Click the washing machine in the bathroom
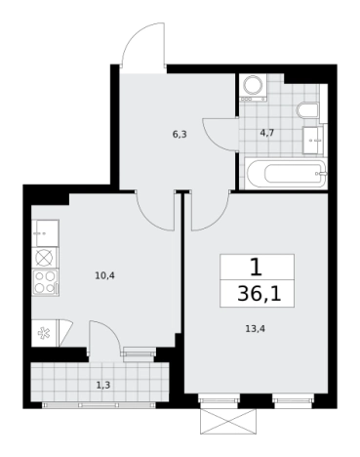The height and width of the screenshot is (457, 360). tap(254, 87)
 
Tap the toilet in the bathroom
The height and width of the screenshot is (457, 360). tap(307, 110)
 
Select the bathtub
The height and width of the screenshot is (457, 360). tap(285, 173)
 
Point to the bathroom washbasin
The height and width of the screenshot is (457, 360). tap(313, 140)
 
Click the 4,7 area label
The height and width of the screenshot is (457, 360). tap(267, 133)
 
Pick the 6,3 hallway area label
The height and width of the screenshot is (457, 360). tap(180, 134)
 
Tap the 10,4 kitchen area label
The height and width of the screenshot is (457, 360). tap(104, 276)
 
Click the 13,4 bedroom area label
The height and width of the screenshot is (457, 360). tap(256, 329)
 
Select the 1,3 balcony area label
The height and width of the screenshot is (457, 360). tap(103, 386)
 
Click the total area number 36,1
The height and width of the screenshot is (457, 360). tap(259, 294)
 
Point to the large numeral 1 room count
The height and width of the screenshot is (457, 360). tap(257, 268)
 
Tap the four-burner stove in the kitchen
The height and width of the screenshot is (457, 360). tap(46, 282)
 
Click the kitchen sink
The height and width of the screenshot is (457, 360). tap(45, 233)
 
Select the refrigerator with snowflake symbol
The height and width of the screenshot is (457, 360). tap(45, 333)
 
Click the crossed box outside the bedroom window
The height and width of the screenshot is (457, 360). tap(228, 421)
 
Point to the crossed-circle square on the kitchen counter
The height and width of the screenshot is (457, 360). tap(44, 258)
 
